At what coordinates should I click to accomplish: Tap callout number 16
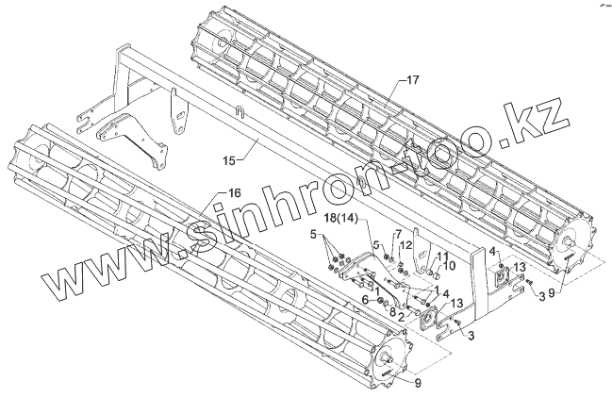[233, 192]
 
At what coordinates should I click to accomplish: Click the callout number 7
[399, 234]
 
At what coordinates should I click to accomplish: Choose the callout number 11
[439, 256]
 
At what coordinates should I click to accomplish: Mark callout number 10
[449, 266]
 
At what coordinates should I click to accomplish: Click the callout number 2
[401, 318]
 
